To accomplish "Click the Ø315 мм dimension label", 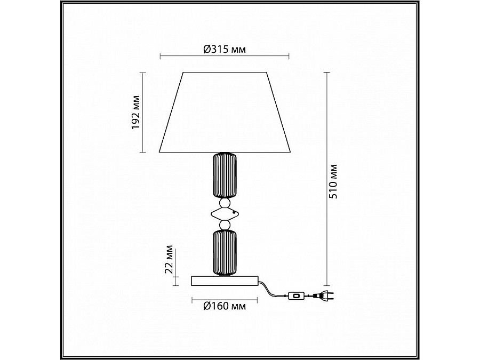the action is pos(225,49).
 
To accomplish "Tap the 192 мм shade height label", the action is pos(135,113).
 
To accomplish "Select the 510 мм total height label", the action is pos(333,181).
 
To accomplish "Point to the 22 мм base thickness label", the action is pos(169,259).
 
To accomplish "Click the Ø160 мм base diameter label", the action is pos(225,306).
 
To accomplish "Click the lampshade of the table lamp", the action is pos(225,112).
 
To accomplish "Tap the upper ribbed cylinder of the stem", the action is pos(225,175).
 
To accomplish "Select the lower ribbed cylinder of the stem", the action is pos(225,253).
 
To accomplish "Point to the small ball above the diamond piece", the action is pos(225,203).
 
